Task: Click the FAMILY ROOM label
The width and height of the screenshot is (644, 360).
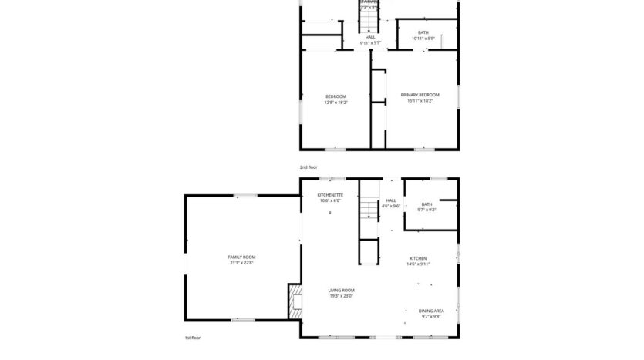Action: pos(241,257)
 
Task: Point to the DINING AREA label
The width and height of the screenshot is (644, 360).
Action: pos(431,311)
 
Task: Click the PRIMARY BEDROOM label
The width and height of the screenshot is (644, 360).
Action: pos(420,95)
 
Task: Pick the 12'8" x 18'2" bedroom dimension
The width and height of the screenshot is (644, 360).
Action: pos(335,102)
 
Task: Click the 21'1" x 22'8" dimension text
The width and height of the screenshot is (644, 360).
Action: pos(241,263)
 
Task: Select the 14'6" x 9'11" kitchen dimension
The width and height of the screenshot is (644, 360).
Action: pos(417,264)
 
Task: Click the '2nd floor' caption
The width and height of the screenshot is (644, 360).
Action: pos(309,167)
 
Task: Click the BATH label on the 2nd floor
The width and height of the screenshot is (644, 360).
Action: pos(423,32)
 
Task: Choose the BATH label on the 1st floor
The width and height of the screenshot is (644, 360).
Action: pos(427,204)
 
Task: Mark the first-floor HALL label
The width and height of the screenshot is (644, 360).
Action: pos(391,200)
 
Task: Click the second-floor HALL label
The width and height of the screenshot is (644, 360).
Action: pos(370,37)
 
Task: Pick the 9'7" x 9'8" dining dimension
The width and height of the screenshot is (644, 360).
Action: pos(431,317)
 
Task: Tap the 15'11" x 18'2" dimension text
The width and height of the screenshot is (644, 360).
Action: pos(420,101)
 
